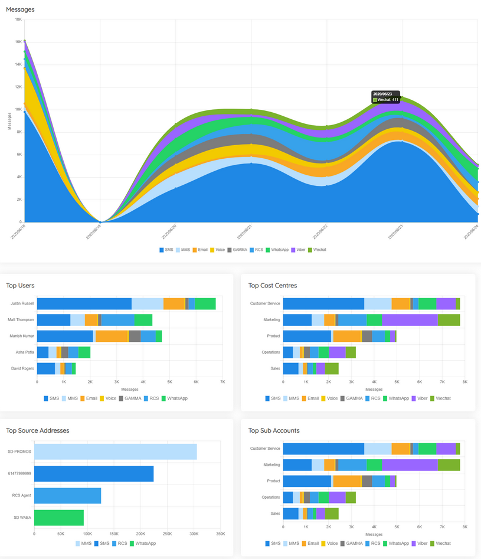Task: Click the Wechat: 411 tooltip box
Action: pyautogui.click(x=386, y=97)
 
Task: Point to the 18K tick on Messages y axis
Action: pyautogui.click(x=18, y=19)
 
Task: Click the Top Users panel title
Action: pyautogui.click(x=20, y=286)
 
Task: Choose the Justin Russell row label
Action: pyautogui.click(x=22, y=303)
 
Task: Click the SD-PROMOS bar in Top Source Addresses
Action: pyautogui.click(x=115, y=452)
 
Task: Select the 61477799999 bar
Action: pyautogui.click(x=94, y=474)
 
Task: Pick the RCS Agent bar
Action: pyautogui.click(x=67, y=496)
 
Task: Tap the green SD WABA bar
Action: pyautogui.click(x=59, y=518)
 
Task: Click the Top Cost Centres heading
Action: pyautogui.click(x=272, y=286)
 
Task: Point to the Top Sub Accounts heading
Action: pyautogui.click(x=273, y=431)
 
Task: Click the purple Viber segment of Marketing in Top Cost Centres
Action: pyautogui.click(x=410, y=320)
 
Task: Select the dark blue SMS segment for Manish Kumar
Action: pyautogui.click(x=65, y=336)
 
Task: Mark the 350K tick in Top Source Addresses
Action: pyautogui.click(x=221, y=534)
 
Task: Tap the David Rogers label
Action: pyautogui.click(x=23, y=368)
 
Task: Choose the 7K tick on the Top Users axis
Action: pyautogui.click(x=222, y=382)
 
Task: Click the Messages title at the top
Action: pyautogui.click(x=20, y=9)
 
